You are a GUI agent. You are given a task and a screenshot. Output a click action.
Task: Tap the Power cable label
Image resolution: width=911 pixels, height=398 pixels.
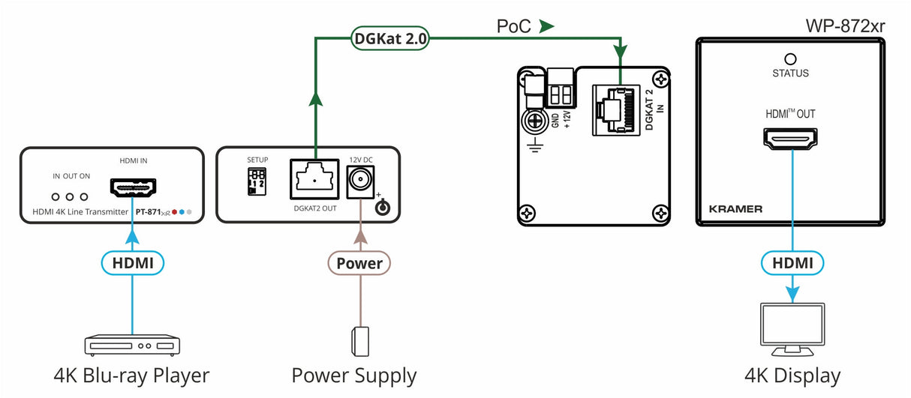click(x=359, y=263)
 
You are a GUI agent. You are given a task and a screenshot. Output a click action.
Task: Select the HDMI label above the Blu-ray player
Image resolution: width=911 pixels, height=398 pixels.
click(x=132, y=263)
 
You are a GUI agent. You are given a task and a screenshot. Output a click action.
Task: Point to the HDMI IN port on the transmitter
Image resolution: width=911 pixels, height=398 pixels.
click(x=133, y=186)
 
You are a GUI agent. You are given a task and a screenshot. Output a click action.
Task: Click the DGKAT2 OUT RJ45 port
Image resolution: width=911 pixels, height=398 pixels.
click(x=315, y=180)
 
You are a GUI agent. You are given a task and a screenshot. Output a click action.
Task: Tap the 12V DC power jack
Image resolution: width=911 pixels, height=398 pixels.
click(x=359, y=180)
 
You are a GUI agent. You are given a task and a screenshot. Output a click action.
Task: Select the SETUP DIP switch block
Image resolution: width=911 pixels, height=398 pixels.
click(x=256, y=181)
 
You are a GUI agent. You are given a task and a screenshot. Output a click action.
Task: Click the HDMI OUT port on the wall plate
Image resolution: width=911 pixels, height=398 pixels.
click(x=791, y=138)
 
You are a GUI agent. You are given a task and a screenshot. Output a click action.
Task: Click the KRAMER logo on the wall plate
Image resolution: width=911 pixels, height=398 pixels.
click(x=735, y=209)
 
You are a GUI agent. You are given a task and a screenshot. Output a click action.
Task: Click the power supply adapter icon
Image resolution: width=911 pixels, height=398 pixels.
click(x=359, y=341)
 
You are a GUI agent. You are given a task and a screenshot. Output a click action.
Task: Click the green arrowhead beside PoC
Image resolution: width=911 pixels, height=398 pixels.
click(x=546, y=27)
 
